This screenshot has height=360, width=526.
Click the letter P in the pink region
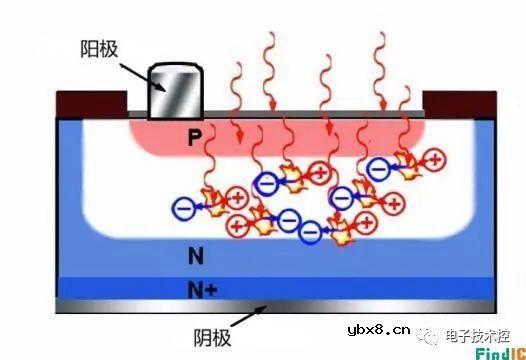pyautogui.click(x=195, y=140)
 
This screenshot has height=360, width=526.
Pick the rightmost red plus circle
pyautogui.click(x=437, y=157)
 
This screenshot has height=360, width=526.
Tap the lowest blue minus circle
pyautogui.click(x=310, y=234)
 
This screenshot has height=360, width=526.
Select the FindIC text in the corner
pyautogui.click(x=495, y=351)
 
